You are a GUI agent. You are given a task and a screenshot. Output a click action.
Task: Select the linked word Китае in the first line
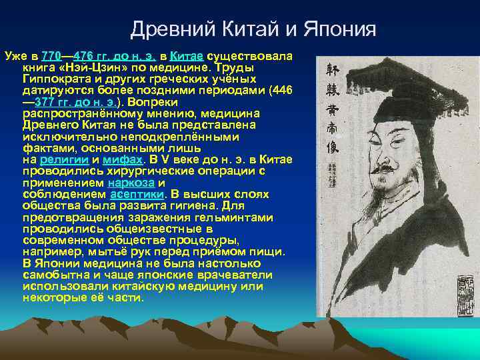(x=188, y=56)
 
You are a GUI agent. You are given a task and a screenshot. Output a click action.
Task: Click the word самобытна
(x=55, y=274)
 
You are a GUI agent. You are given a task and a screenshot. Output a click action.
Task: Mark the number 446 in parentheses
(x=281, y=91)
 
